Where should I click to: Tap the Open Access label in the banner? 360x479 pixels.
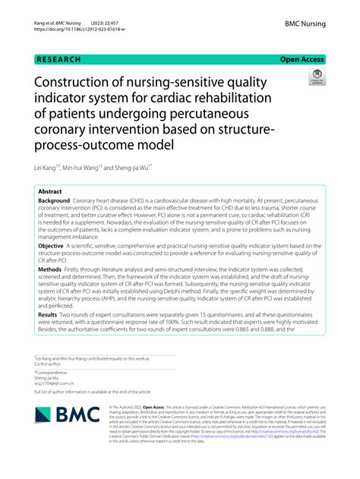pyautogui.click(x=302, y=58)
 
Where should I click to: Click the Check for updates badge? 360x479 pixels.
pyautogui.click(x=315, y=76)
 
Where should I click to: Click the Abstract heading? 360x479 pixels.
pyautogui.click(x=50, y=192)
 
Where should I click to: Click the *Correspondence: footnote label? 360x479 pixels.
pyautogui.click(x=51, y=372)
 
